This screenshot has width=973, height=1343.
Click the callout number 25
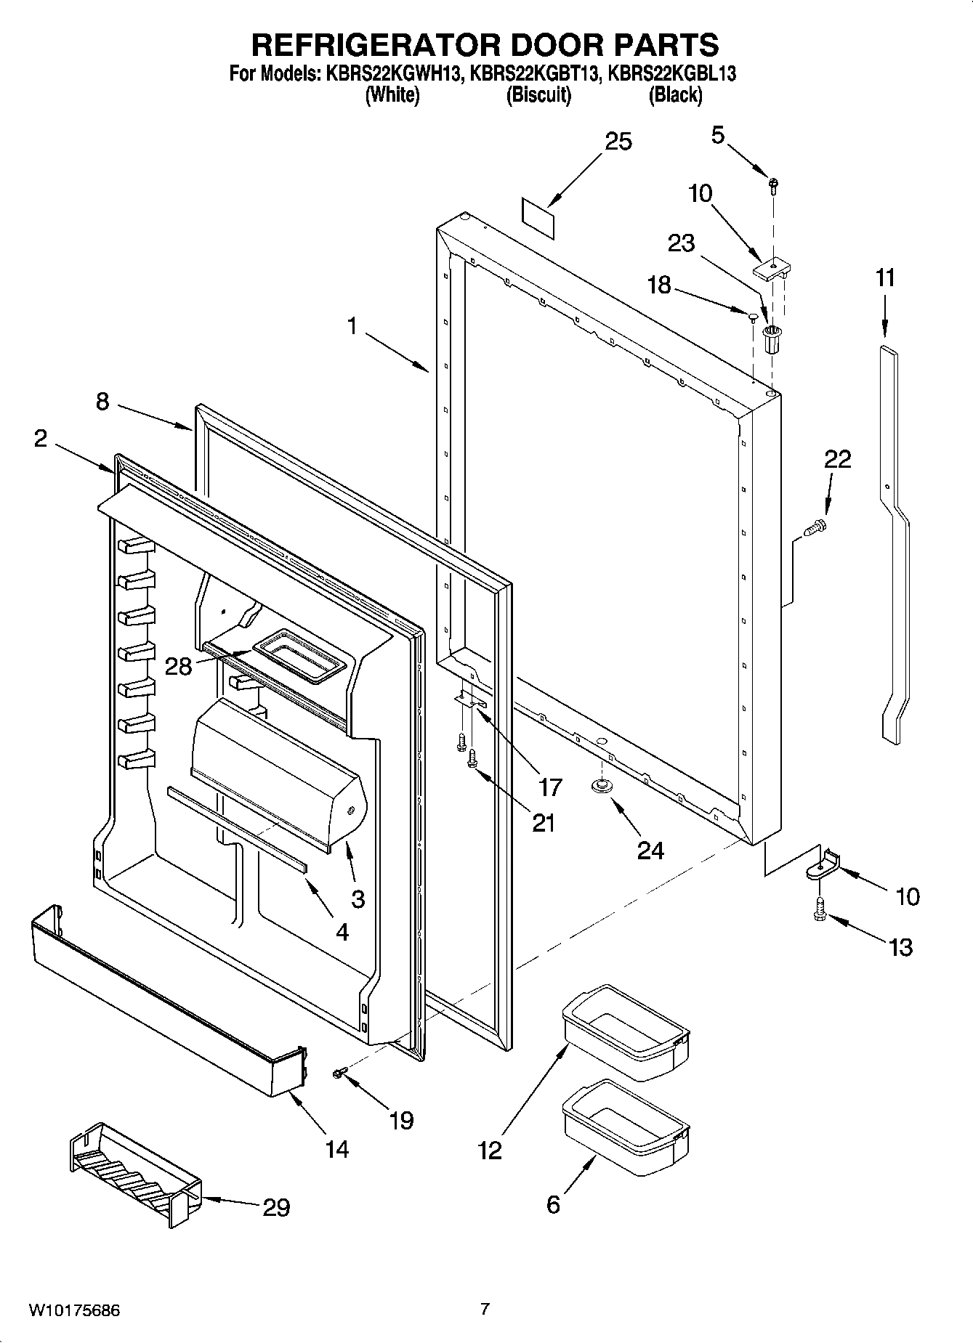pyautogui.click(x=618, y=142)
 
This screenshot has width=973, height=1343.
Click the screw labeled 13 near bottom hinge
pyautogui.click(x=820, y=909)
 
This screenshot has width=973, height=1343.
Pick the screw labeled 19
pyautogui.click(x=339, y=1072)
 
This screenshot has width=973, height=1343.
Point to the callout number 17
pyautogui.click(x=550, y=787)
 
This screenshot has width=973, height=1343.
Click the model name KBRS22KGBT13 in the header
pyautogui.click(x=537, y=73)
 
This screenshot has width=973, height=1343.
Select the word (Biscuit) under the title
pyautogui.click(x=538, y=94)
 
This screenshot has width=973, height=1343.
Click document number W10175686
pyautogui.click(x=75, y=1310)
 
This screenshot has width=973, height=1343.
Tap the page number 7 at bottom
pyautogui.click(x=485, y=1309)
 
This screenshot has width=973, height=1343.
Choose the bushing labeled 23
pyautogui.click(x=772, y=338)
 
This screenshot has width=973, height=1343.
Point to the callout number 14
pyautogui.click(x=336, y=1148)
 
